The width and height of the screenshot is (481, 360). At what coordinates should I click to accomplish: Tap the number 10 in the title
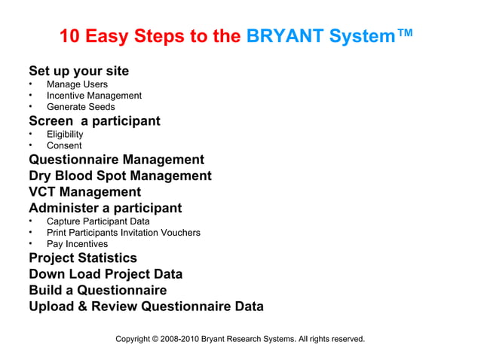[x=69, y=36]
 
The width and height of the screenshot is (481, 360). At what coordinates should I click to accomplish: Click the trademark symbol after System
[x=405, y=33]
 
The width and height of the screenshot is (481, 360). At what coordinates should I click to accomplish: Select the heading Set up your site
[x=78, y=71]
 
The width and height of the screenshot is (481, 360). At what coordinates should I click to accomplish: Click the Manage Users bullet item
[x=77, y=84]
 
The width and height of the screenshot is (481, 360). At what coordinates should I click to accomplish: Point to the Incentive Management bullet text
[x=93, y=96]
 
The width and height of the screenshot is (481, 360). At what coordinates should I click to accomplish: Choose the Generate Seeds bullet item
[x=81, y=107]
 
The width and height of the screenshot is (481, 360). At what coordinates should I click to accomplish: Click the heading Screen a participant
[x=94, y=121]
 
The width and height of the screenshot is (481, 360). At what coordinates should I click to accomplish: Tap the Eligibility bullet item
[x=65, y=134]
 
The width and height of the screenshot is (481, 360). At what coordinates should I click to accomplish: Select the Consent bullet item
[x=64, y=145]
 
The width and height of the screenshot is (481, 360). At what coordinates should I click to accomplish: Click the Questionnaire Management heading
[x=116, y=160]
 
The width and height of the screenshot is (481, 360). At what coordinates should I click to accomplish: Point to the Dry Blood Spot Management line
[x=120, y=175]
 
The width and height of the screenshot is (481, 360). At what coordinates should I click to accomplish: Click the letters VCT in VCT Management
[x=44, y=192]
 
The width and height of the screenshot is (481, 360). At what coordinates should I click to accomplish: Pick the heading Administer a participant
[x=105, y=208]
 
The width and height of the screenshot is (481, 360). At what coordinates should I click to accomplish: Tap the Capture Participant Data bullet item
[x=98, y=221]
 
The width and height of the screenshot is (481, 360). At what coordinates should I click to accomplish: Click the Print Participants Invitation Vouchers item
[x=123, y=233]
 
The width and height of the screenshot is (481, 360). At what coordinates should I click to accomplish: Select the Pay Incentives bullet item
[x=77, y=244]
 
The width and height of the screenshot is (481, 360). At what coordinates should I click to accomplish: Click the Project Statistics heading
[x=83, y=258]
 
